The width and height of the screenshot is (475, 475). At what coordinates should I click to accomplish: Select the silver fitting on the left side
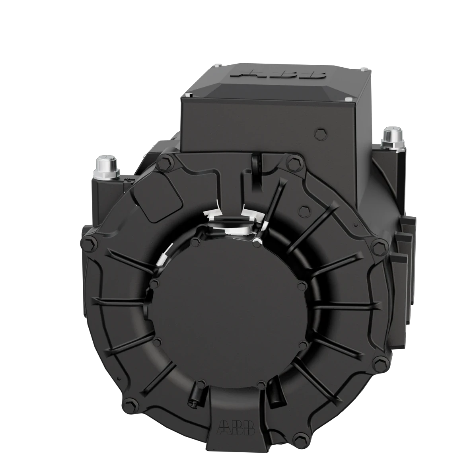pyautogui.click(x=106, y=167)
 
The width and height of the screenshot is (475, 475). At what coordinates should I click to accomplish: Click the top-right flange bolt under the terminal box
pyautogui.click(x=294, y=161)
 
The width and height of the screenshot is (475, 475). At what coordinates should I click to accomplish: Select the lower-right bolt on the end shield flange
pyautogui.click(x=379, y=362)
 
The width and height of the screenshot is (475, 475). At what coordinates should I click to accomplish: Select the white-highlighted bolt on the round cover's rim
pyautogui.click(x=257, y=239)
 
